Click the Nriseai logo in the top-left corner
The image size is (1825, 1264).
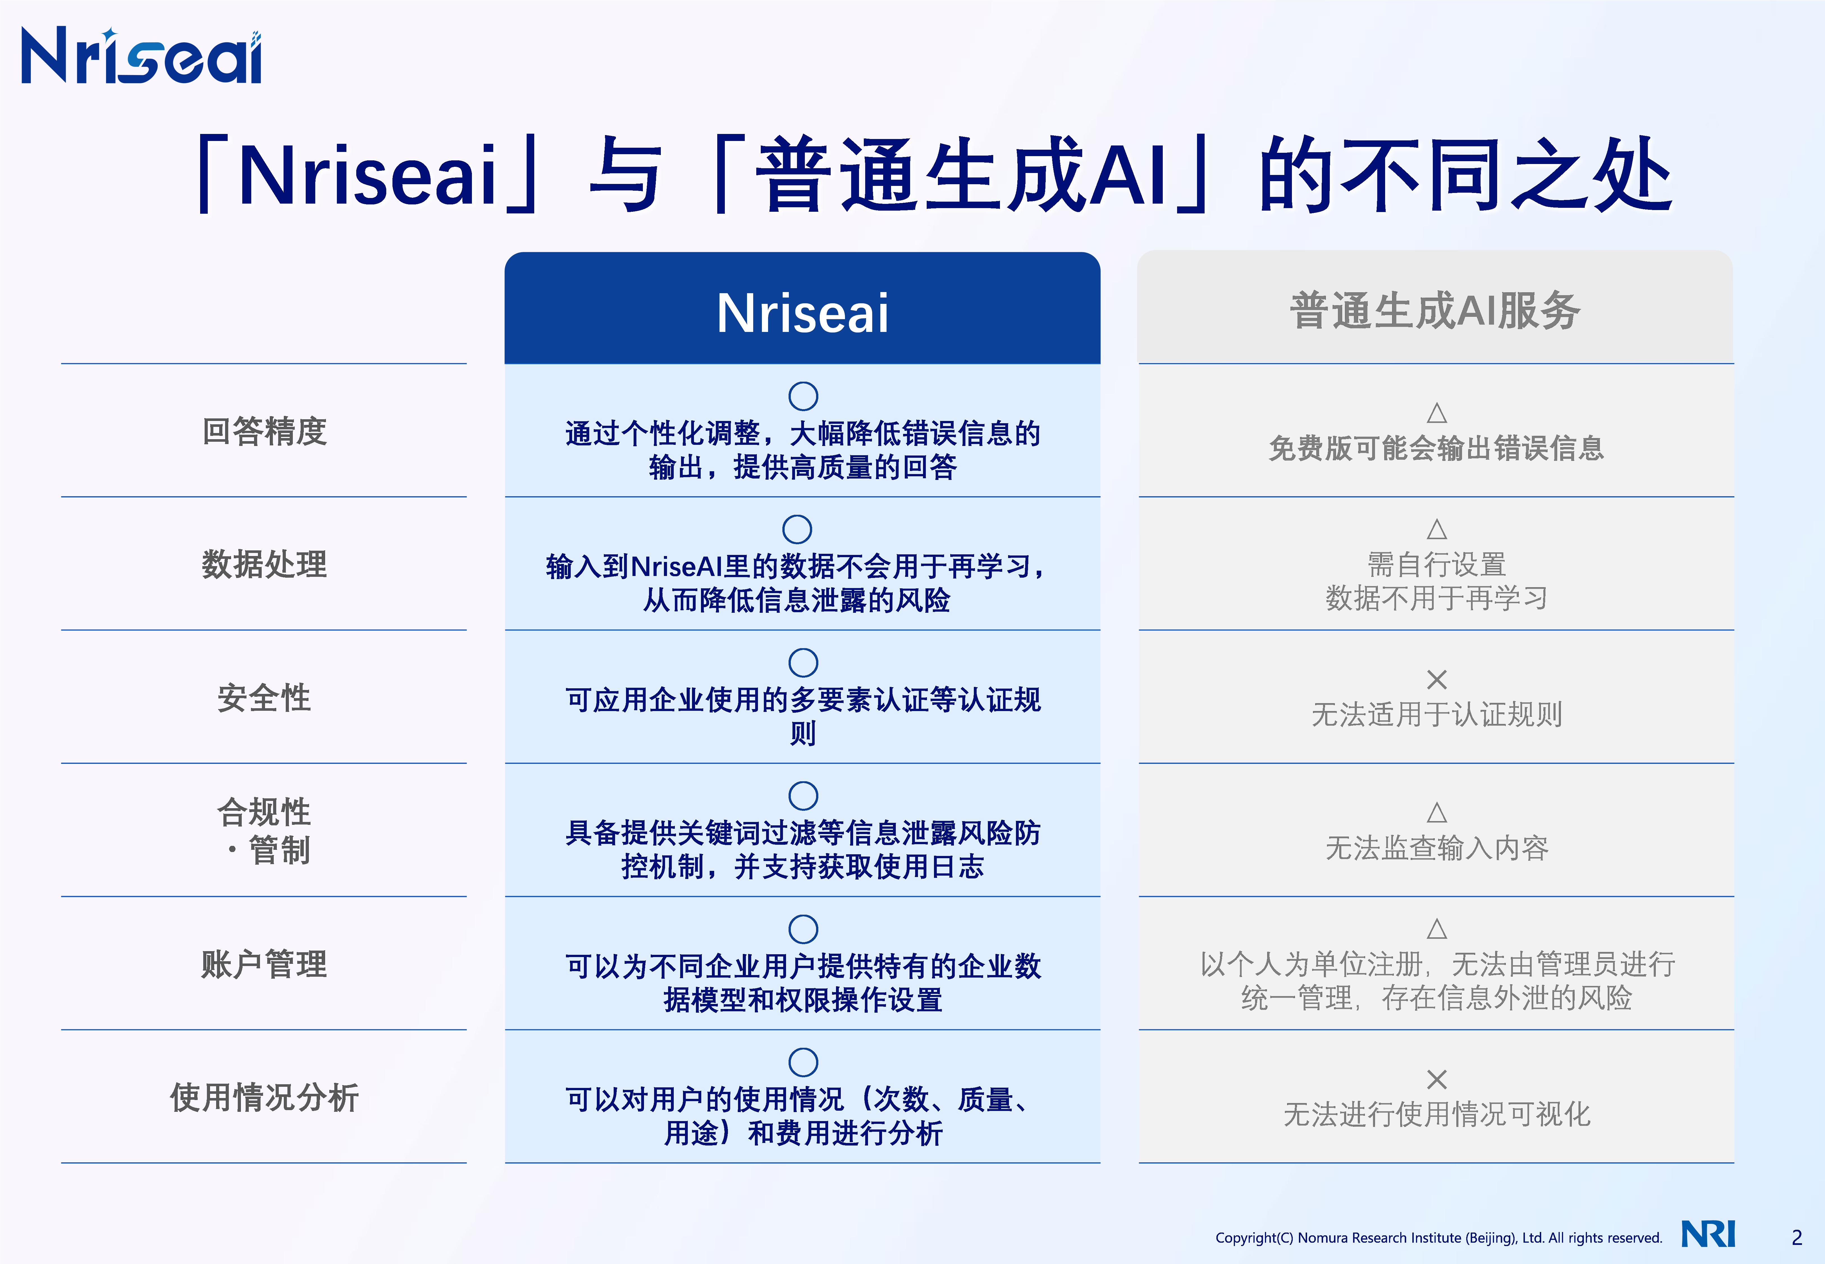(141, 55)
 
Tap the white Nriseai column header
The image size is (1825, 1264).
(802, 313)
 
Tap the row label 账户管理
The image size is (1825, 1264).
(264, 964)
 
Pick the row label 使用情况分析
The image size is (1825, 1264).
(264, 1097)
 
